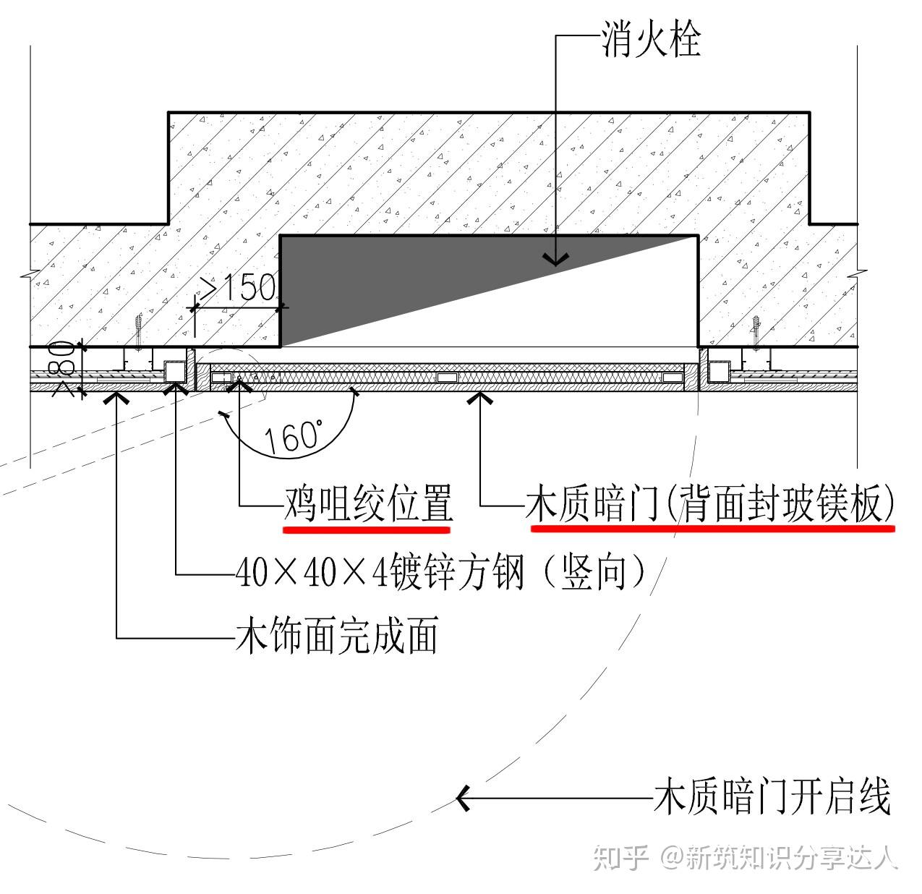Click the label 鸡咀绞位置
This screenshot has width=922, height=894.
(x=367, y=503)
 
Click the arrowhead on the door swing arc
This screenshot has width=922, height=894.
(x=463, y=798)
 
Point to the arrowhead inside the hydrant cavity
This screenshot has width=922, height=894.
(x=555, y=259)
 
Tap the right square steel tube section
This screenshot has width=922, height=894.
(x=719, y=372)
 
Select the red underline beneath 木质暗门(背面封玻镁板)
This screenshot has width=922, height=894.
(x=712, y=528)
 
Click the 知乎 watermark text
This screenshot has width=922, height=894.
(x=620, y=858)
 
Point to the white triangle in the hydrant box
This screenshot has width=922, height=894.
(x=579, y=318)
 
